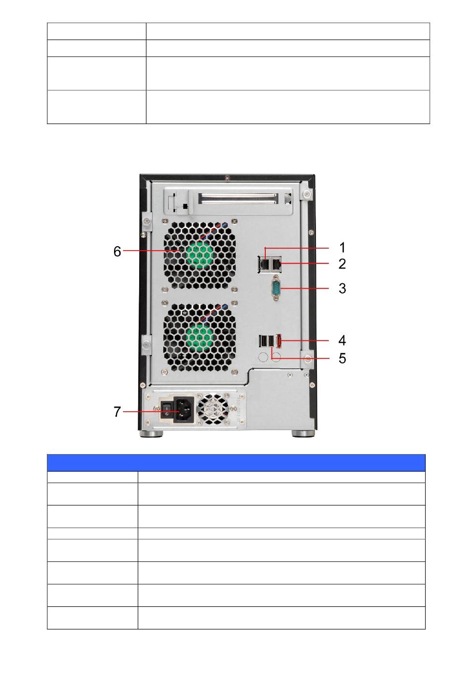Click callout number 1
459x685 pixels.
pos(343,247)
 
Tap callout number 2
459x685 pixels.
pos(342,264)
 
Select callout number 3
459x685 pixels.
pos(342,288)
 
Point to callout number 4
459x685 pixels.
pos(342,340)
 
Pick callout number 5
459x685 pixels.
pos(342,358)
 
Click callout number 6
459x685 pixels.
pos(117,252)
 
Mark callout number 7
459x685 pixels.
pos(117,412)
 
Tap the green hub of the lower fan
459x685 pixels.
pos(200,337)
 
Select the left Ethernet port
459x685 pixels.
pos(264,264)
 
